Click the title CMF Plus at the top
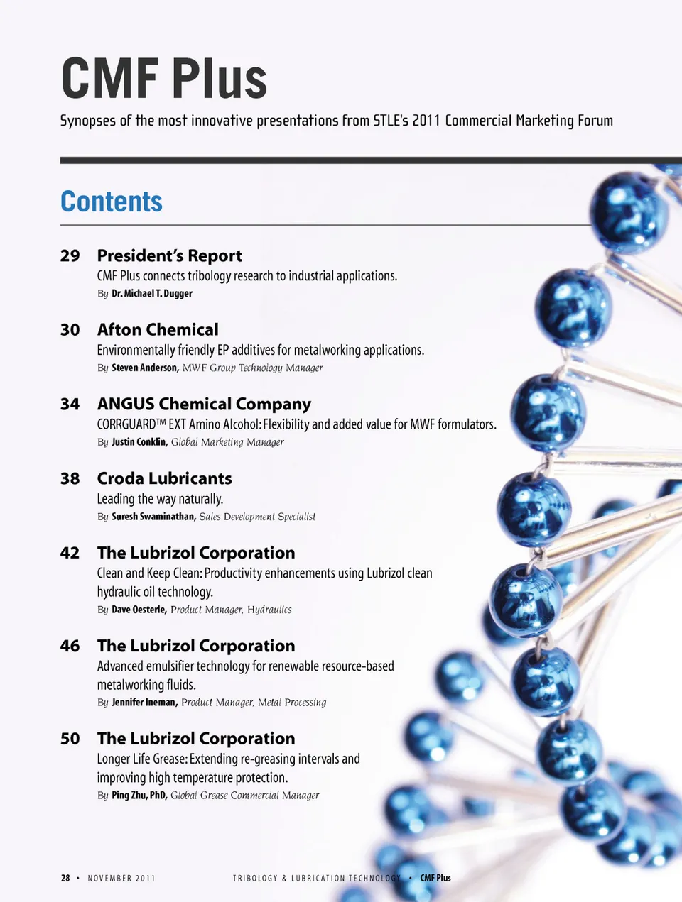pos(164,78)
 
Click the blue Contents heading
pos(112,202)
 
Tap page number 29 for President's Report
pos(70,255)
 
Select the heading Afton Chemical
pos(158,329)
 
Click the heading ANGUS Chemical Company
pos(204,404)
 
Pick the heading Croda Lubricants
pos(164,478)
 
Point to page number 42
pos(70,553)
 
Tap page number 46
pos(70,646)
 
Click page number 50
pos(70,739)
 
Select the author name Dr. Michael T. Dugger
pos(152,294)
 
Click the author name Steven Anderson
pos(144,368)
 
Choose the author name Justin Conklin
pos(139,442)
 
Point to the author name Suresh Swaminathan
pos(153,517)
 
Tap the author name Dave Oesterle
pos(139,610)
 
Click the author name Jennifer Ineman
pos(144,703)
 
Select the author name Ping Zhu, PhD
pos(139,796)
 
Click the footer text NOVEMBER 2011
pos(121,879)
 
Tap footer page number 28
pos(65,879)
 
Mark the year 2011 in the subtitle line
pos(426,121)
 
